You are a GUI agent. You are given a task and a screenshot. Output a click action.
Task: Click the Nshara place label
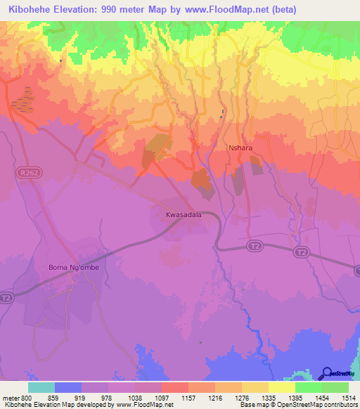240,148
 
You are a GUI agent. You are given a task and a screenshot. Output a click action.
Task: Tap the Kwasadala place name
184,215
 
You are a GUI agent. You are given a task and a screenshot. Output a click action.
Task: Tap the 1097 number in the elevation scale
163,398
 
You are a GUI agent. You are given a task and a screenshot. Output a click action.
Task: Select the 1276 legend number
243,398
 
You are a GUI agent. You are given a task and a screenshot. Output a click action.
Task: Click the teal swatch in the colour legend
41,387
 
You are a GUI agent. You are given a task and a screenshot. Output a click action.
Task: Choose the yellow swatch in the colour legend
282,387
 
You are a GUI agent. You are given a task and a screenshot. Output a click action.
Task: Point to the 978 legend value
110,398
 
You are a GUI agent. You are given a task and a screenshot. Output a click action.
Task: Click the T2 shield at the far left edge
6,298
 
